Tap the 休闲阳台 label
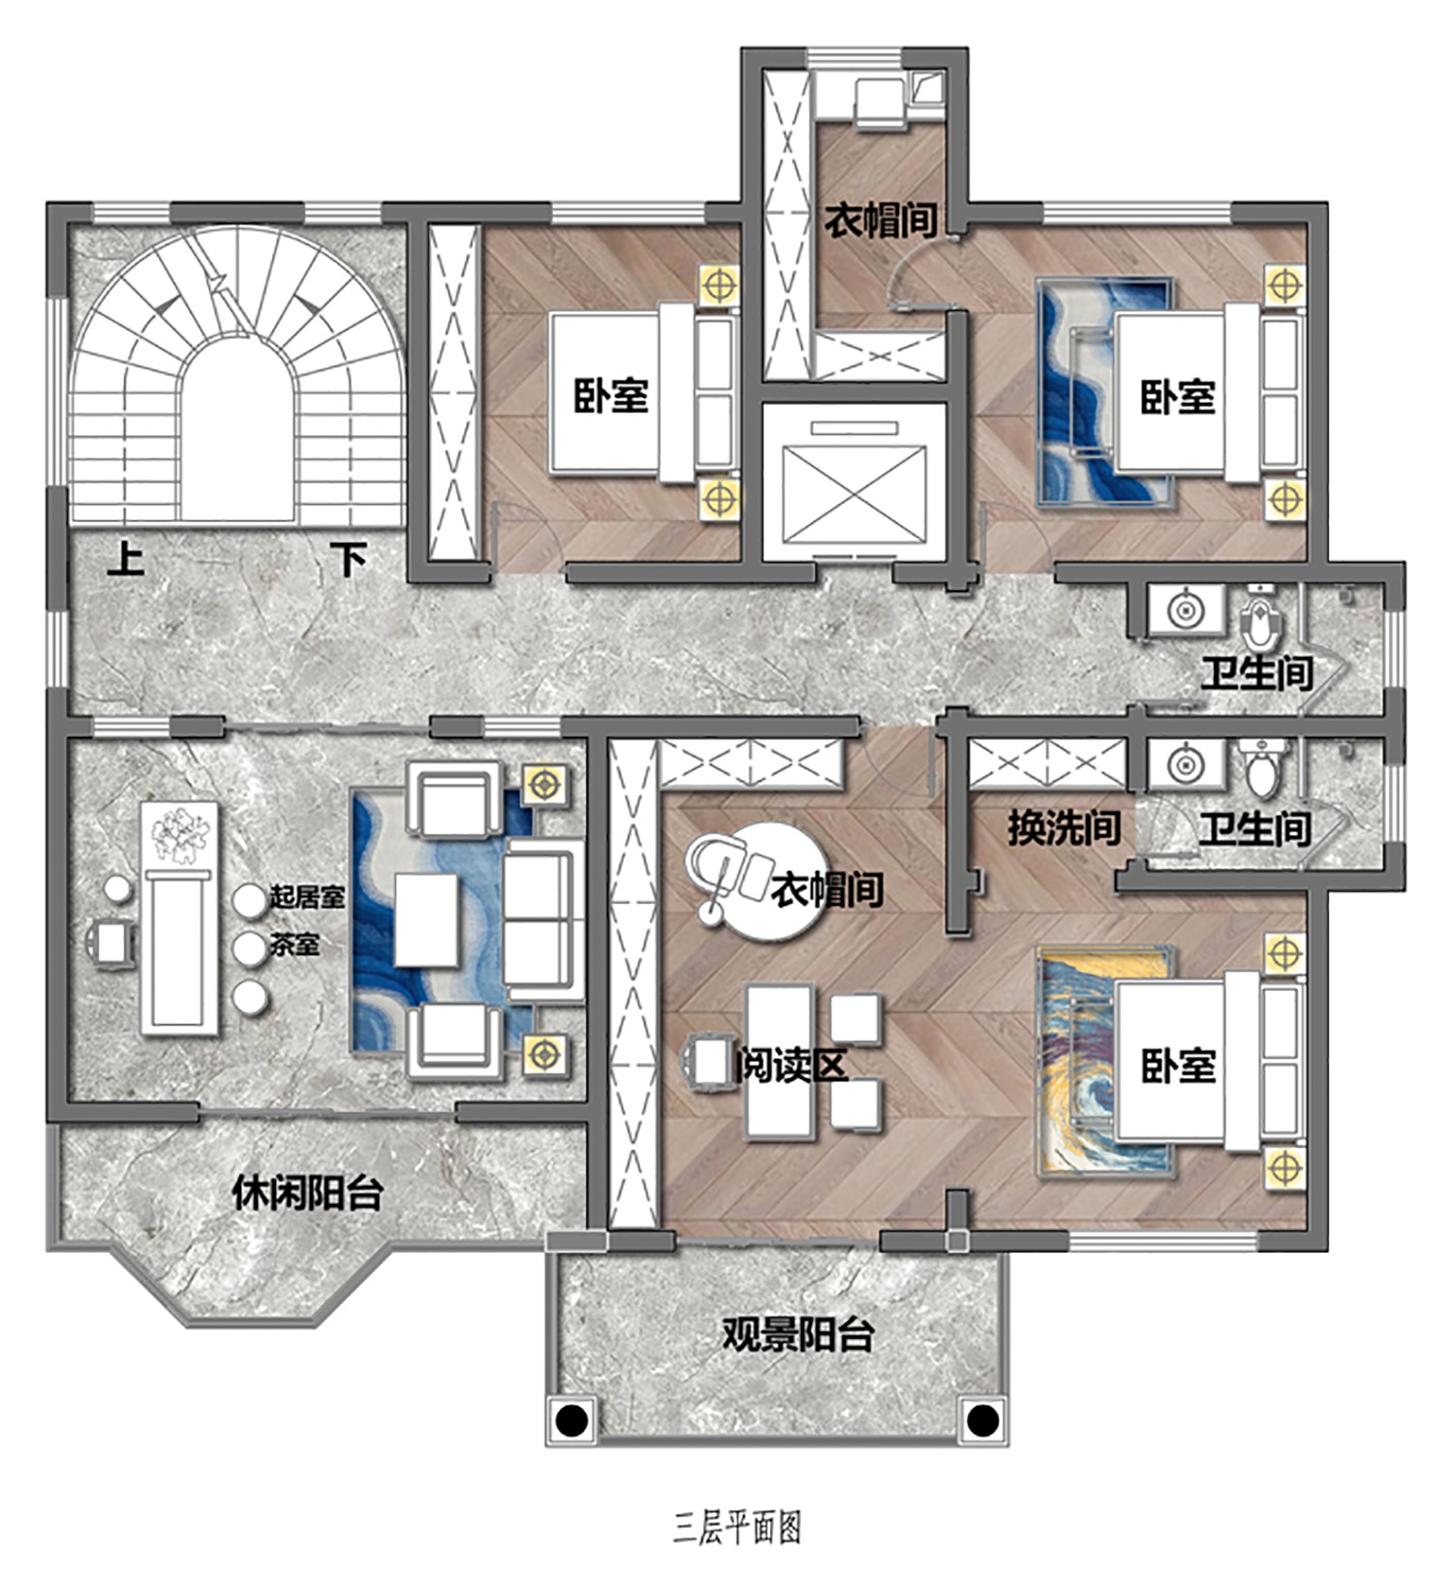point(307,1193)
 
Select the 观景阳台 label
point(798,1334)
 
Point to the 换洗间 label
point(1064,827)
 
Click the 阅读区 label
point(791,1066)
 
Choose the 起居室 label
point(307,897)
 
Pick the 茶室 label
point(294,944)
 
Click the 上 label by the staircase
point(125,559)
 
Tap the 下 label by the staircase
point(349,559)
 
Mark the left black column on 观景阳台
point(572,1421)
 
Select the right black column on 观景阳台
point(982,1421)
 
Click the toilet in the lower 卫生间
point(1261,767)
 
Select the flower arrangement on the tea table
point(180,834)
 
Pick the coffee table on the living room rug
point(426,919)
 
